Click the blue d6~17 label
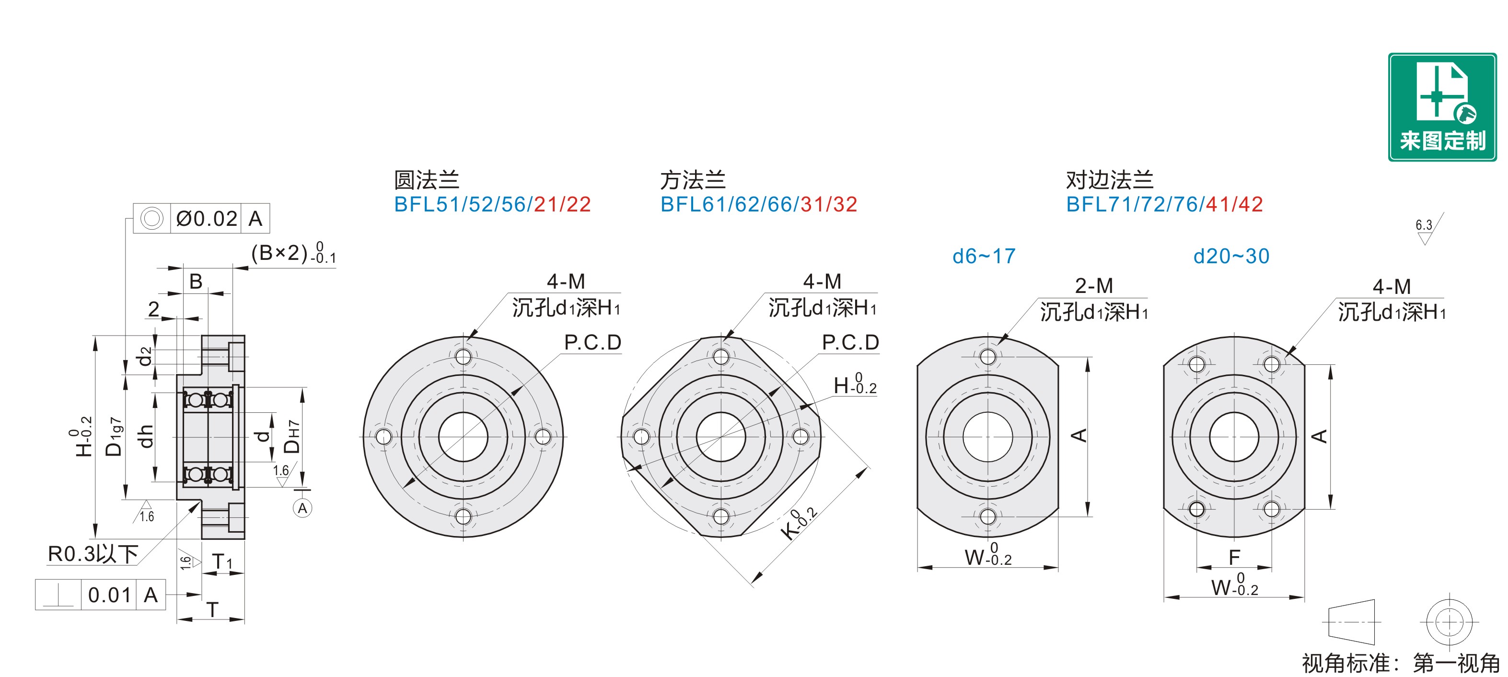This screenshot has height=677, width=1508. [984, 256]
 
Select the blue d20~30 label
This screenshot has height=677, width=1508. [1231, 256]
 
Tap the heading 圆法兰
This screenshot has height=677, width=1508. [426, 180]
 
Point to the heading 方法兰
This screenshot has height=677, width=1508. [693, 180]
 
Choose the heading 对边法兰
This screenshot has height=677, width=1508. [1109, 180]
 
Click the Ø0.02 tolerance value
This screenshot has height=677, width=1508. [207, 219]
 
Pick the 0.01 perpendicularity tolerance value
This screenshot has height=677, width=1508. [109, 595]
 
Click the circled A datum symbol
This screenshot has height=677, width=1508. [302, 508]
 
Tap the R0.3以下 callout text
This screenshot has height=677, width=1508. [93, 553]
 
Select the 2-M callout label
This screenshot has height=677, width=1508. [1093, 286]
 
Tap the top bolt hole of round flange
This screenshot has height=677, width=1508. [463, 357]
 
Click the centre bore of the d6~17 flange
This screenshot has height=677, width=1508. [987, 437]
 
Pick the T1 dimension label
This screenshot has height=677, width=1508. [222, 561]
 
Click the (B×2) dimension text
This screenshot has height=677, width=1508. [293, 253]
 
